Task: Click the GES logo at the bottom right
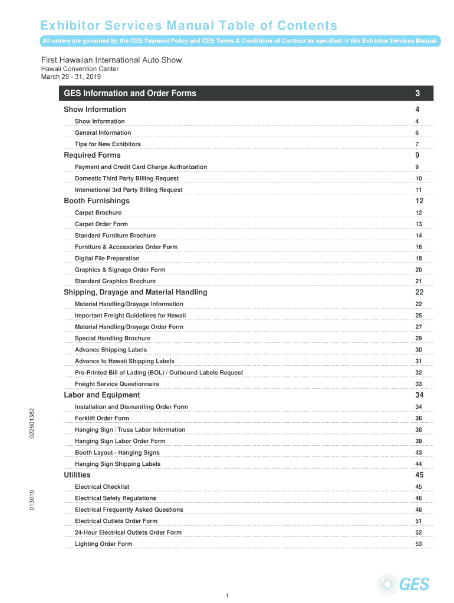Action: coord(404,583)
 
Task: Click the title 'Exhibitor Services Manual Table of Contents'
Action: coord(189,26)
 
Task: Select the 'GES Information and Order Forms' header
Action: coord(130,93)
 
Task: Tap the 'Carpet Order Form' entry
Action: coord(101,224)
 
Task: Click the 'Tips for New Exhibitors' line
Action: coord(108,144)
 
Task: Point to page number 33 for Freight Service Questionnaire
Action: coord(419,384)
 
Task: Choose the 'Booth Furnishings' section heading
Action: coord(97,201)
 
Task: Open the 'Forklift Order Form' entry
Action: coord(102,418)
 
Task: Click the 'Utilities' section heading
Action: coord(77,475)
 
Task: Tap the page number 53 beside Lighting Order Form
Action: coord(419,544)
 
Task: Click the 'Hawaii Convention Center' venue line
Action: coord(80,69)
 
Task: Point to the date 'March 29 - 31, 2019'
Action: coord(71,77)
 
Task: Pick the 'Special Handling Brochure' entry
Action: coord(113,339)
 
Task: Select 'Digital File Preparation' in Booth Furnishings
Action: coord(107,259)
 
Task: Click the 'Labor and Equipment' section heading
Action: coord(102,395)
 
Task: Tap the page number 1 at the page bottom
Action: coord(227,596)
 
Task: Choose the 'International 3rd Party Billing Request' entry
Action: coord(129,190)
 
